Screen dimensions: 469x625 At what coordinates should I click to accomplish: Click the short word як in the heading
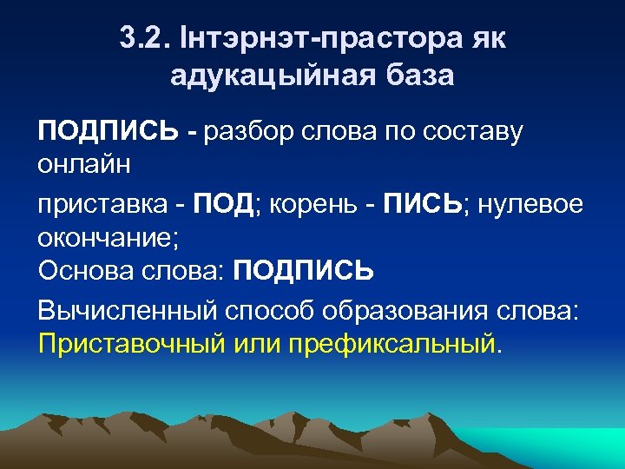(487, 39)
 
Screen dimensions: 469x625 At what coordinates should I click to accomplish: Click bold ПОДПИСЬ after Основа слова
(303, 272)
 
